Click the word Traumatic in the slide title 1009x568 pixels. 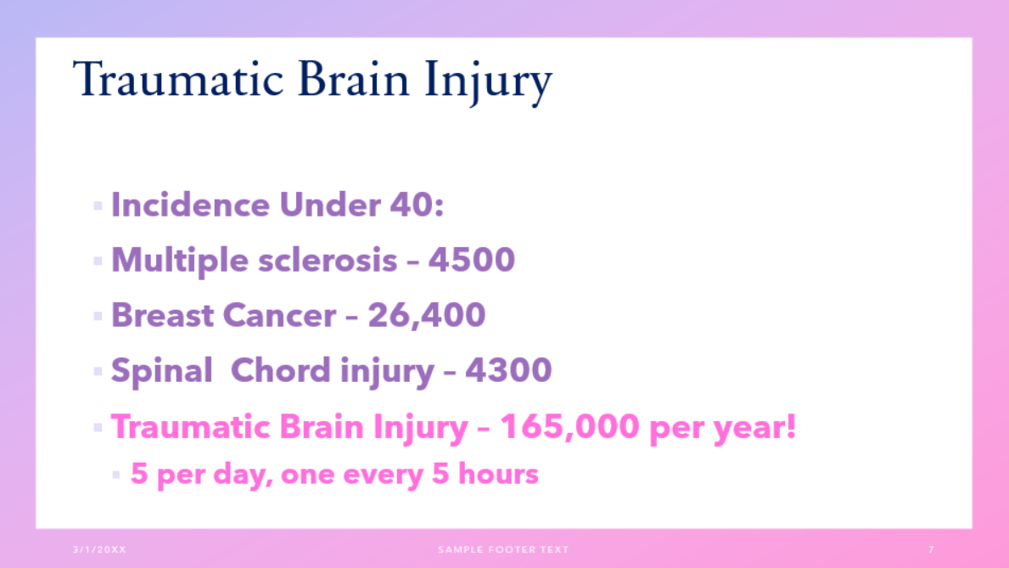(x=178, y=79)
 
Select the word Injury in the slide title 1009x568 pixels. (x=489, y=82)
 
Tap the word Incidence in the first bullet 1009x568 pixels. (x=190, y=205)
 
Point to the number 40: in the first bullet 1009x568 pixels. (x=417, y=205)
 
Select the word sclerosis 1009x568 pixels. (x=328, y=260)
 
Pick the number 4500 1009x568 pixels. (x=472, y=260)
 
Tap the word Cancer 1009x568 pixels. (x=279, y=315)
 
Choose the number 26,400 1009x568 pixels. (x=427, y=315)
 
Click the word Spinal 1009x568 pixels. (x=161, y=372)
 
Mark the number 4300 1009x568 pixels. (x=508, y=370)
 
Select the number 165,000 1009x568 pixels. (x=570, y=426)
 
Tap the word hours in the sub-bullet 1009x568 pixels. (x=498, y=474)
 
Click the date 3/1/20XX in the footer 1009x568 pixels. (x=100, y=549)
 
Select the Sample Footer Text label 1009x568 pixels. (x=503, y=549)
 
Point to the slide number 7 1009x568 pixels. (x=931, y=549)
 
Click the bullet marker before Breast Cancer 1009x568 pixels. (x=98, y=316)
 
